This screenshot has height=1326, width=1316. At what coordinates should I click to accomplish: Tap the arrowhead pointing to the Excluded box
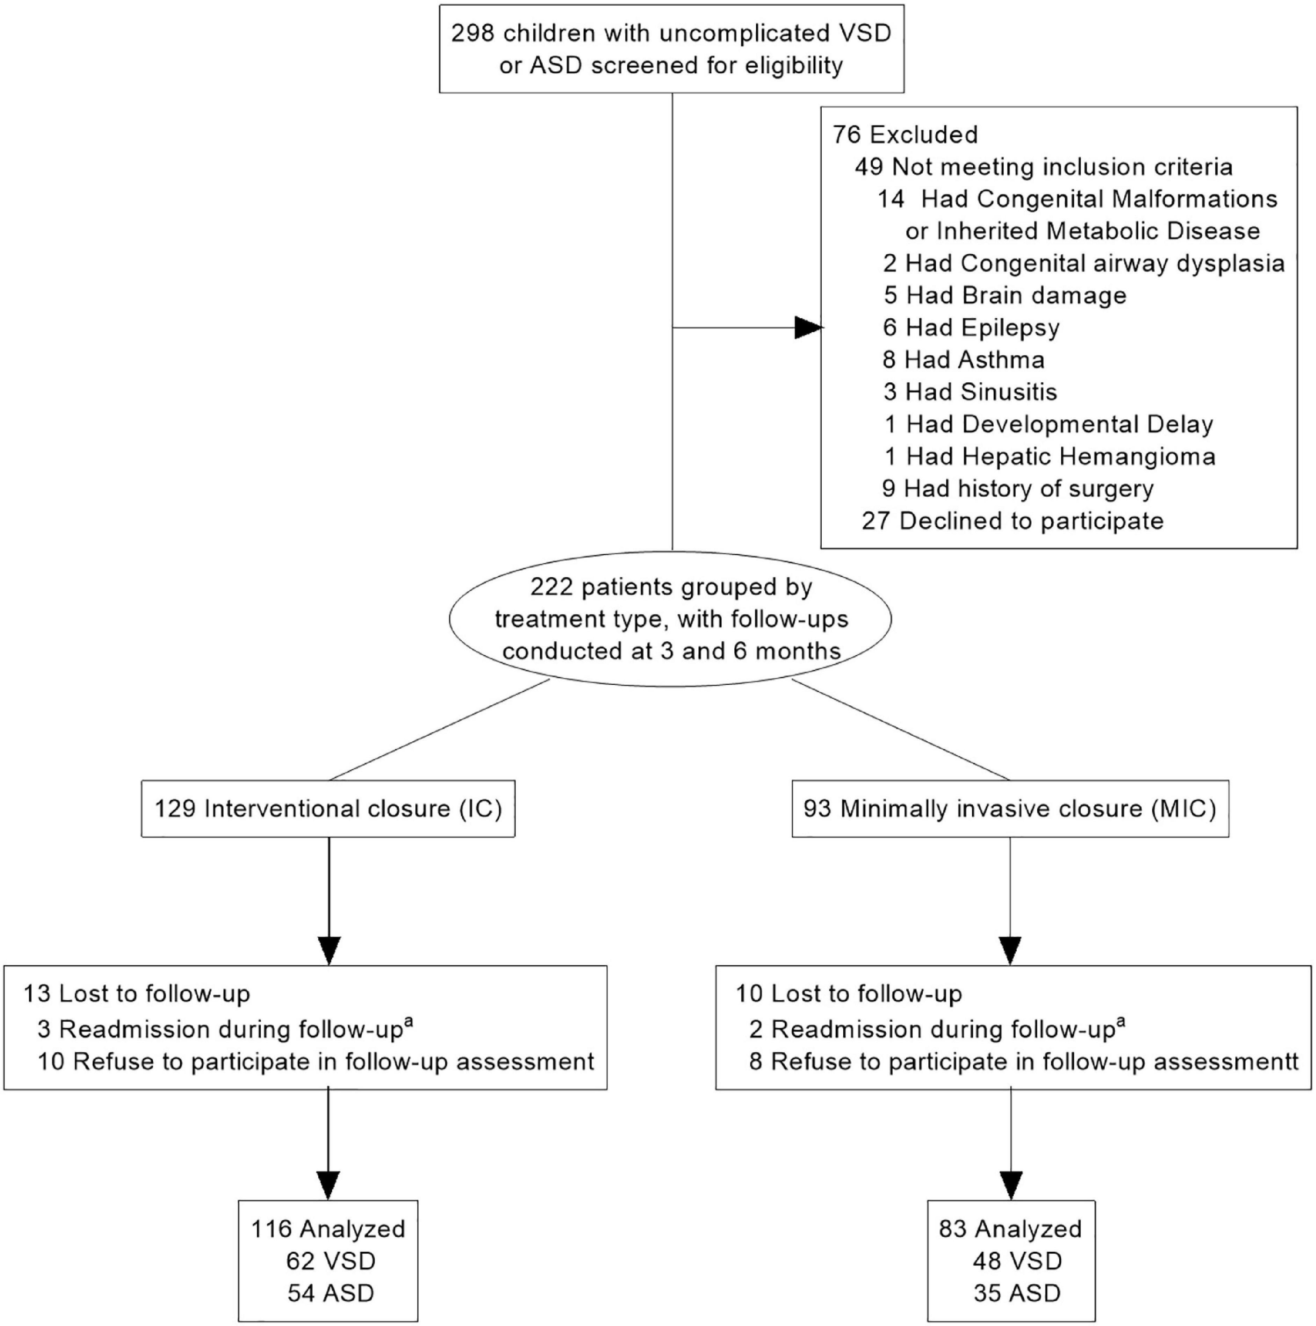point(808,327)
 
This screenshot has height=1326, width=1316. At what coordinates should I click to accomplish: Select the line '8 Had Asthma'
point(963,360)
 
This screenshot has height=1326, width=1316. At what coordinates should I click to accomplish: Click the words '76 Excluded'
point(905,135)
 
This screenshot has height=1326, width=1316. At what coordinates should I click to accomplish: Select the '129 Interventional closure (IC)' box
point(328,808)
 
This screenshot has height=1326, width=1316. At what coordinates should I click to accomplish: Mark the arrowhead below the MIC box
point(1010,951)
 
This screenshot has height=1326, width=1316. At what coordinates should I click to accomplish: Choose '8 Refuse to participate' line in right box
point(1022,1062)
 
